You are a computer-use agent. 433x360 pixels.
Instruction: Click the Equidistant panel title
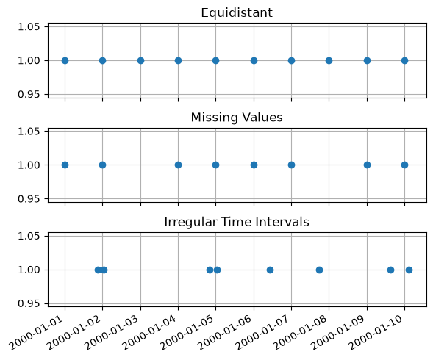237,13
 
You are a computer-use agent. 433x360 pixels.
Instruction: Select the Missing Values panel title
237,118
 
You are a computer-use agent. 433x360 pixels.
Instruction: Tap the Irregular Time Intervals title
237,222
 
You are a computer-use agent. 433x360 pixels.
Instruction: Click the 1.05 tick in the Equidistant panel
29,26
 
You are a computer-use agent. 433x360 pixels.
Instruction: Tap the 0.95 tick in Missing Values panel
29,199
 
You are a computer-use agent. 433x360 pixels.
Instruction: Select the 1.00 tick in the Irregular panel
29,270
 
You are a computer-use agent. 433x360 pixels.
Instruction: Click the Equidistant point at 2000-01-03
140,60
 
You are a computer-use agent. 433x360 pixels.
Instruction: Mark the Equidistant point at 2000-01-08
329,60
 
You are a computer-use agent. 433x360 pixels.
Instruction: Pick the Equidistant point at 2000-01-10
404,60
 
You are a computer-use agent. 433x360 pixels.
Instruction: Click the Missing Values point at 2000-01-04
178,165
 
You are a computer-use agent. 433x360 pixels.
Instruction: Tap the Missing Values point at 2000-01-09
367,165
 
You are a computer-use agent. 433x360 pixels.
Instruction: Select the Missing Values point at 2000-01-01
65,165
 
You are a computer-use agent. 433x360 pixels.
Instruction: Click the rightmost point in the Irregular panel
409,270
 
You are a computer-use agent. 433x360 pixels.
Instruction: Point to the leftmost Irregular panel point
98,270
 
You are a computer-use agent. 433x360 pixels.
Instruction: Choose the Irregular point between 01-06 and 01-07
270,270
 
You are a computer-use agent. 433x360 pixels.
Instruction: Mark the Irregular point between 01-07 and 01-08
319,270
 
